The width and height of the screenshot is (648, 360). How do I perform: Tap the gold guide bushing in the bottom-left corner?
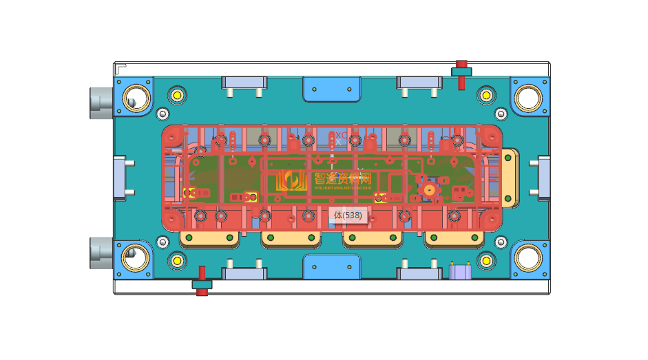(x=136, y=258)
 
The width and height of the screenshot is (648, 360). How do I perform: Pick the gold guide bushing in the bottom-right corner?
(x=528, y=258)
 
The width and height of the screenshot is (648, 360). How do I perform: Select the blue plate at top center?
(x=332, y=89)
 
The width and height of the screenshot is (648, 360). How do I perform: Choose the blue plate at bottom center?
(x=332, y=266)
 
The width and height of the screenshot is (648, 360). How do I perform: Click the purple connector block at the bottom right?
(x=459, y=271)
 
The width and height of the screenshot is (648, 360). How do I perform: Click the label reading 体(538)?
(x=348, y=215)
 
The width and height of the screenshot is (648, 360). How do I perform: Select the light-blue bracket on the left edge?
(x=121, y=178)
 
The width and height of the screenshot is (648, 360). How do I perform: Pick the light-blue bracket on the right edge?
(x=543, y=178)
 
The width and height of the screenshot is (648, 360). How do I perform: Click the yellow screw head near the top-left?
(x=178, y=94)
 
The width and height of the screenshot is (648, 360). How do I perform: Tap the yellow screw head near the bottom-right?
(x=486, y=260)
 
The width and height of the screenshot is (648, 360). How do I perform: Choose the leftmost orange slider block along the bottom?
(x=209, y=239)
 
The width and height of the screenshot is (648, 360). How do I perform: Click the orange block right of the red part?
(x=510, y=178)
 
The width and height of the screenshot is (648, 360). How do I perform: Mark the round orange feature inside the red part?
(x=429, y=189)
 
